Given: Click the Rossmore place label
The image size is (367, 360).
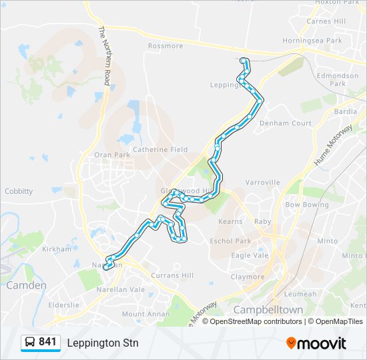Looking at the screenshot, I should pos(165,46).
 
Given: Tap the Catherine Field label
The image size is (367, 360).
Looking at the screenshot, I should pos(160,150).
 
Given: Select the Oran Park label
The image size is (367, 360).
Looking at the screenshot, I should pos(112,155).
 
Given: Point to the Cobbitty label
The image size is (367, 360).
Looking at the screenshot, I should pos(19,191).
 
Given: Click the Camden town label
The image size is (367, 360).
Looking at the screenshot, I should pos(27,285).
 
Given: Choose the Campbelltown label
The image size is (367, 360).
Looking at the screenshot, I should pos(268,310).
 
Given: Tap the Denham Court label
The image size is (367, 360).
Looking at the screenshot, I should pos(286,123).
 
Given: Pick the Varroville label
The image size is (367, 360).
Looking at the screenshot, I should pos(262,182).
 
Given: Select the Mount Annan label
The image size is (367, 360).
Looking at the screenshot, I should pos(142,314).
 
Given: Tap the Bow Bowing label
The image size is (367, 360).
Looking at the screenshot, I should pos(307,205).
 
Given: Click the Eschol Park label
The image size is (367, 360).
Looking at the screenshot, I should pos(230,241).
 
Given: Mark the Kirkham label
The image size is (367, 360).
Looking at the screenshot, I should pos(57,249).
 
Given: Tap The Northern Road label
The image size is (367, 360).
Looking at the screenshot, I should pos(104,56).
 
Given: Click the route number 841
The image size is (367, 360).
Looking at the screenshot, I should pos(47,342).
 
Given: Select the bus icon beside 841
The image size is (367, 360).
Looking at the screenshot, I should pos(31,343).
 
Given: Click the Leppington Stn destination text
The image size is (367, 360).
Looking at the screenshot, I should pos(103,343).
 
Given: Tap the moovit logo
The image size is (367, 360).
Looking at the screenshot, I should pos(316,343).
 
